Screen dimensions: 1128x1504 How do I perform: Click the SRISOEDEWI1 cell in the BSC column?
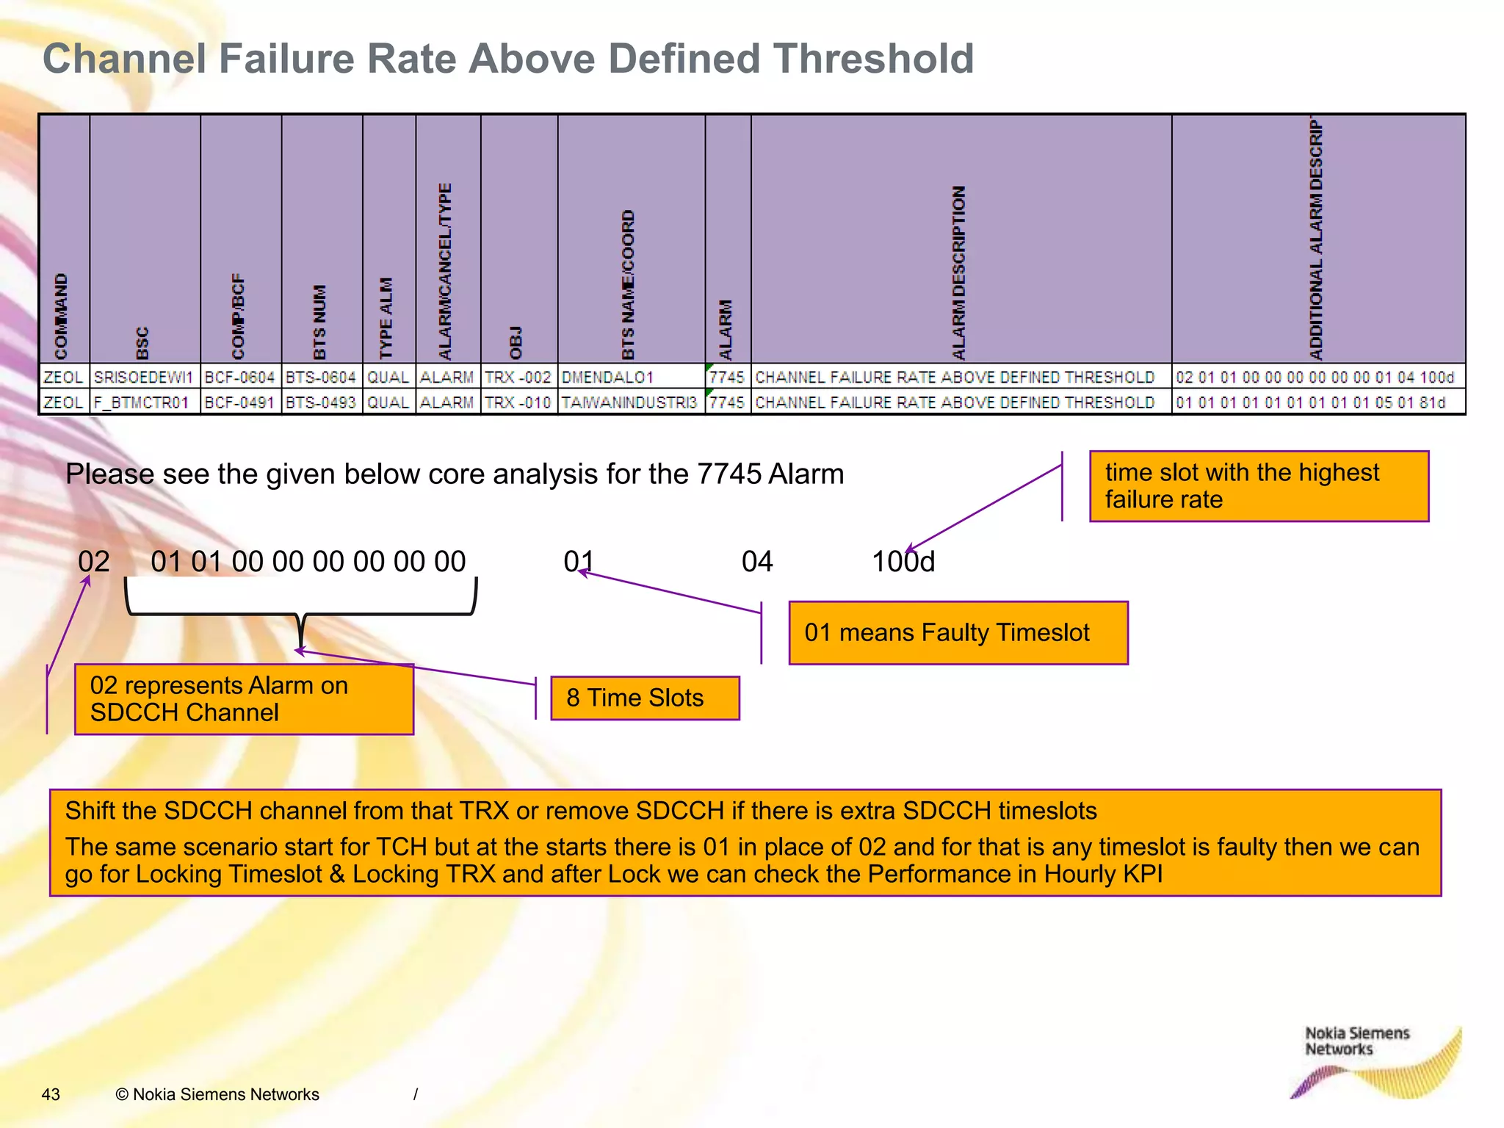tap(144, 377)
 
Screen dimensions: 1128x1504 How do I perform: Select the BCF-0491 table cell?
tap(240, 402)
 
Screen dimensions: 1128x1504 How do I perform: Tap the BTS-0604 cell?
tap(321, 377)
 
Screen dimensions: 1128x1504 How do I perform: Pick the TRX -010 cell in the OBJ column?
tap(518, 402)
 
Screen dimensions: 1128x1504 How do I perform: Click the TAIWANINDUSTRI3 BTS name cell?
tap(629, 402)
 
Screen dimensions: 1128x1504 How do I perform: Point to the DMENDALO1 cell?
tap(608, 377)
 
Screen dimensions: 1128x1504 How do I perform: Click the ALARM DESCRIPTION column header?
tap(959, 272)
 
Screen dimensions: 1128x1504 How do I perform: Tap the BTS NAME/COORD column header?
tap(629, 285)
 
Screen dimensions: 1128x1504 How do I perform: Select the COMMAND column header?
tap(62, 316)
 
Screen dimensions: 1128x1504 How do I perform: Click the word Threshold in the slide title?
tap(873, 59)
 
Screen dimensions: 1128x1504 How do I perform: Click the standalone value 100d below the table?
tap(903, 562)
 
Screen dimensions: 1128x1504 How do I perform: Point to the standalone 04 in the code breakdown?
tap(757, 562)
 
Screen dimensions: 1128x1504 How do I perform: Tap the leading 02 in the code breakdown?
tap(94, 562)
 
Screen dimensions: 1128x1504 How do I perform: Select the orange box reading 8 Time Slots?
tap(644, 698)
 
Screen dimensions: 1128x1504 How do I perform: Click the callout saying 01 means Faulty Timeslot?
tap(958, 632)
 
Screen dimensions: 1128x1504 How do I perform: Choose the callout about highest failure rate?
tap(1258, 486)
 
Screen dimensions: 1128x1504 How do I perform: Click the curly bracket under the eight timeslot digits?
tap(301, 606)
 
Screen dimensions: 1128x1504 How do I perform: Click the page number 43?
tap(51, 1094)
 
